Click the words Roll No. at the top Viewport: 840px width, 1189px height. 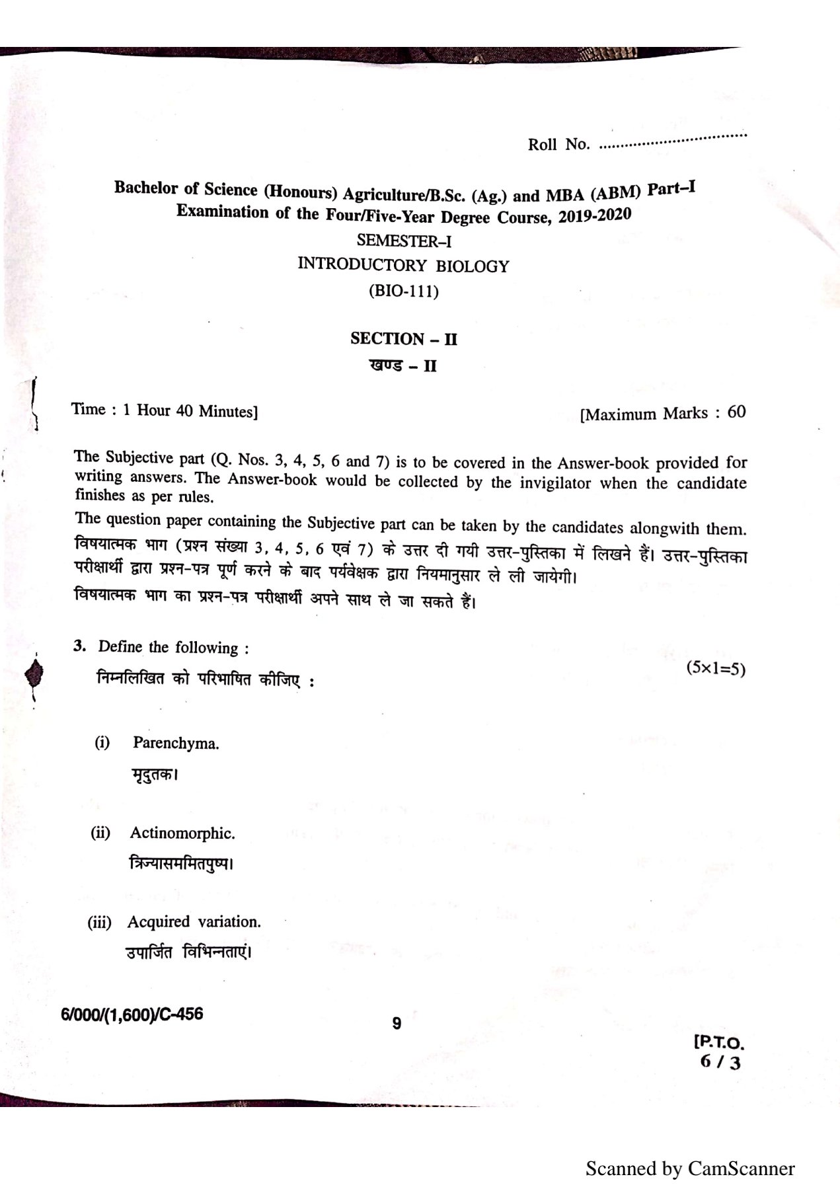pos(558,144)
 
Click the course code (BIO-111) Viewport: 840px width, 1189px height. pos(403,291)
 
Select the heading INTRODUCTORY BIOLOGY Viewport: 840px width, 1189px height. pos(403,266)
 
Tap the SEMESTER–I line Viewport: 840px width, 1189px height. pos(404,241)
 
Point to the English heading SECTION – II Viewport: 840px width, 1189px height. pos(404,339)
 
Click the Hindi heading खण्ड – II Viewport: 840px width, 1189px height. pos(403,365)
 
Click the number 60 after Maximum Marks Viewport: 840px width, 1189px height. pos(736,412)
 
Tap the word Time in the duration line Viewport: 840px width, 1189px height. pos(89,409)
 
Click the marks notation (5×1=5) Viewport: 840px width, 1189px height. pos(716,668)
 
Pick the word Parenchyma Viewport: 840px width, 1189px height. pos(176,743)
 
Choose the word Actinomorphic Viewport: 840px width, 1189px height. pos(182,833)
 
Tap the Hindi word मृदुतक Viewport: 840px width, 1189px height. pos(155,774)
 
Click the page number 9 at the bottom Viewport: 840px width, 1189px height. pos(397,1024)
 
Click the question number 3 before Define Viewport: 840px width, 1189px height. pos(79,646)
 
